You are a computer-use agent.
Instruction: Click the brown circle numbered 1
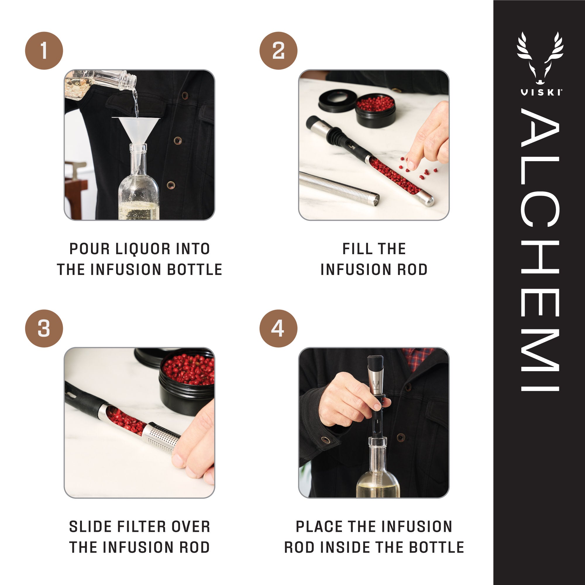[x=44, y=51]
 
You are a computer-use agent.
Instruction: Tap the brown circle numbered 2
[x=278, y=51]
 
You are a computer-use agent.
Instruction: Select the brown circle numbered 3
[x=44, y=328]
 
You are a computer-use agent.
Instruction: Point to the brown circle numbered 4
[x=278, y=328]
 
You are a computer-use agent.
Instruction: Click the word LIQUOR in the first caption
[x=139, y=249]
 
